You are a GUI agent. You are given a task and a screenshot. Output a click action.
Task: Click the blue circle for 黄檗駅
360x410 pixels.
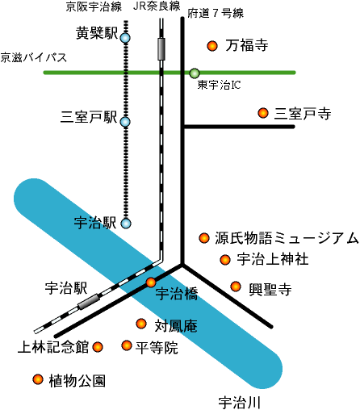point(125,38)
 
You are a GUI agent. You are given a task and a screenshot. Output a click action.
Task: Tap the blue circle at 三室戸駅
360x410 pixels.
point(125,122)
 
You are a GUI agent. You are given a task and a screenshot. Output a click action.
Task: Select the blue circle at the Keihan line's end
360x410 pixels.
point(126,224)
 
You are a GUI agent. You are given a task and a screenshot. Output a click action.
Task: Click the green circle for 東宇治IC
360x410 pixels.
point(195,73)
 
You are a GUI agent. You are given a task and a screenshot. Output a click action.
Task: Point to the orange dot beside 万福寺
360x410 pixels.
point(212,46)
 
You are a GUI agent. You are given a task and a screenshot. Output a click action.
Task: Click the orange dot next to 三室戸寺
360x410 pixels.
point(263,113)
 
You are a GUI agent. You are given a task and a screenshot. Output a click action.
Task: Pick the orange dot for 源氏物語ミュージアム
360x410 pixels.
point(204,238)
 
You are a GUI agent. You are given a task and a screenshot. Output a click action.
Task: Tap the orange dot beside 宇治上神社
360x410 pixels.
point(225,260)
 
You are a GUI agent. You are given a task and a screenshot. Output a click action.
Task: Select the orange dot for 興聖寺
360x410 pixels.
point(236,287)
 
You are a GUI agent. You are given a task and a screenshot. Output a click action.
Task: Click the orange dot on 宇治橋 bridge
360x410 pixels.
point(151,282)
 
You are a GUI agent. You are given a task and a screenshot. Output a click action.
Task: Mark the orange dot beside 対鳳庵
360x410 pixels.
point(141,324)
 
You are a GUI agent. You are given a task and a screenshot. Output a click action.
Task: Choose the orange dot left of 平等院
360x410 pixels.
point(127,345)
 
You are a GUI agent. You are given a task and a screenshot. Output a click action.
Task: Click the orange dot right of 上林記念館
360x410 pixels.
point(98,347)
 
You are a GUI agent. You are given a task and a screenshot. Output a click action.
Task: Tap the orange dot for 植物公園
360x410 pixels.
point(38,379)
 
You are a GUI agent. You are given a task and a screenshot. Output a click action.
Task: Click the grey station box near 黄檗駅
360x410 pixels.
point(161,49)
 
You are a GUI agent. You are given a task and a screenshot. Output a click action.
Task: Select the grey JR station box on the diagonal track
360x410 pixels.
point(89,302)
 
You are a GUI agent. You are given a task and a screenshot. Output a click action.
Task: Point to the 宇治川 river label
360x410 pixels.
point(239,403)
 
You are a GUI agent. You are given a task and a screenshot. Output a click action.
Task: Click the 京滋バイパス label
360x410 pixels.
point(34,57)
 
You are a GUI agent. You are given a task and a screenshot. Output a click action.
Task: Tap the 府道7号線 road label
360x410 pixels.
point(216,13)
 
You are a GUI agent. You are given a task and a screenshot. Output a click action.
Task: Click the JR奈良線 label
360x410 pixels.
point(157,6)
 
